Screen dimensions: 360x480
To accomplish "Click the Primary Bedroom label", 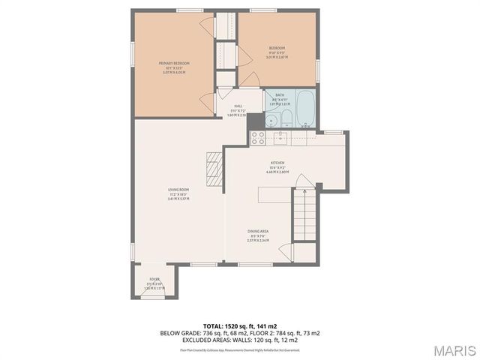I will (x=173, y=64).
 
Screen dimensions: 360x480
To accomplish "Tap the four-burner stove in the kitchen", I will (x=257, y=137).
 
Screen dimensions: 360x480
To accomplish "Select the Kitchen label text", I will (x=277, y=164).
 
